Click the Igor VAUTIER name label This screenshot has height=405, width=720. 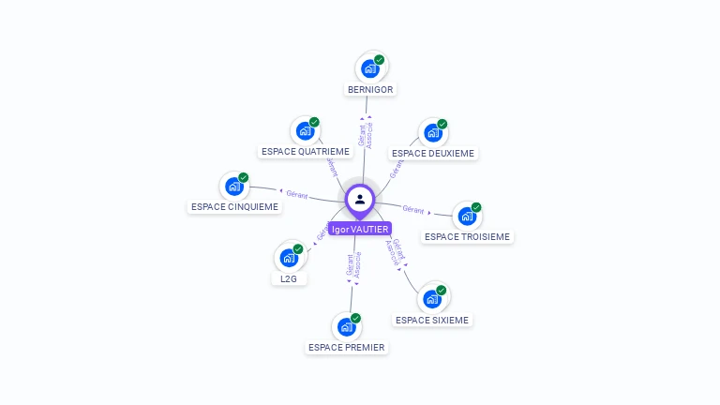click(359, 229)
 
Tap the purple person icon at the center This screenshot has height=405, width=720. click(360, 199)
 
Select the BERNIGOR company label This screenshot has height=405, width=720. click(370, 89)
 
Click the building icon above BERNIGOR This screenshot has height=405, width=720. click(370, 68)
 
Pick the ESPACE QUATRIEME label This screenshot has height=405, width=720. click(306, 151)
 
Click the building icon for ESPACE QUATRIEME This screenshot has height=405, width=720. click(305, 131)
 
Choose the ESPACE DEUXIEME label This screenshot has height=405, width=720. click(433, 153)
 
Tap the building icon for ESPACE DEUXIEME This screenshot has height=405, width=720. click(432, 133)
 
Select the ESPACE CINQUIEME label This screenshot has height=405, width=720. click(234, 206)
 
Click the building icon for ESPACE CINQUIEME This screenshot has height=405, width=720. click(234, 186)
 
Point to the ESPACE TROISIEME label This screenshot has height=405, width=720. click(467, 236)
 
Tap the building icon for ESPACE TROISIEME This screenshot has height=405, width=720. click(467, 217)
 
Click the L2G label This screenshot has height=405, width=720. click(289, 278)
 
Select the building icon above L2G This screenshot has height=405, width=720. click(289, 258)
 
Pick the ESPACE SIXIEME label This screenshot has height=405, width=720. click(432, 320)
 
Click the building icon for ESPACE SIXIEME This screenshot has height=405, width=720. click(432, 299)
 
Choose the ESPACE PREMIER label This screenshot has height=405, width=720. click(347, 347)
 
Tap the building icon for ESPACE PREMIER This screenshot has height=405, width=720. click(347, 327)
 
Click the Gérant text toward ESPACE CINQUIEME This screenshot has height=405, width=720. click(296, 193)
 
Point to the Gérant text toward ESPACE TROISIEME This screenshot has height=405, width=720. click(413, 209)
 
